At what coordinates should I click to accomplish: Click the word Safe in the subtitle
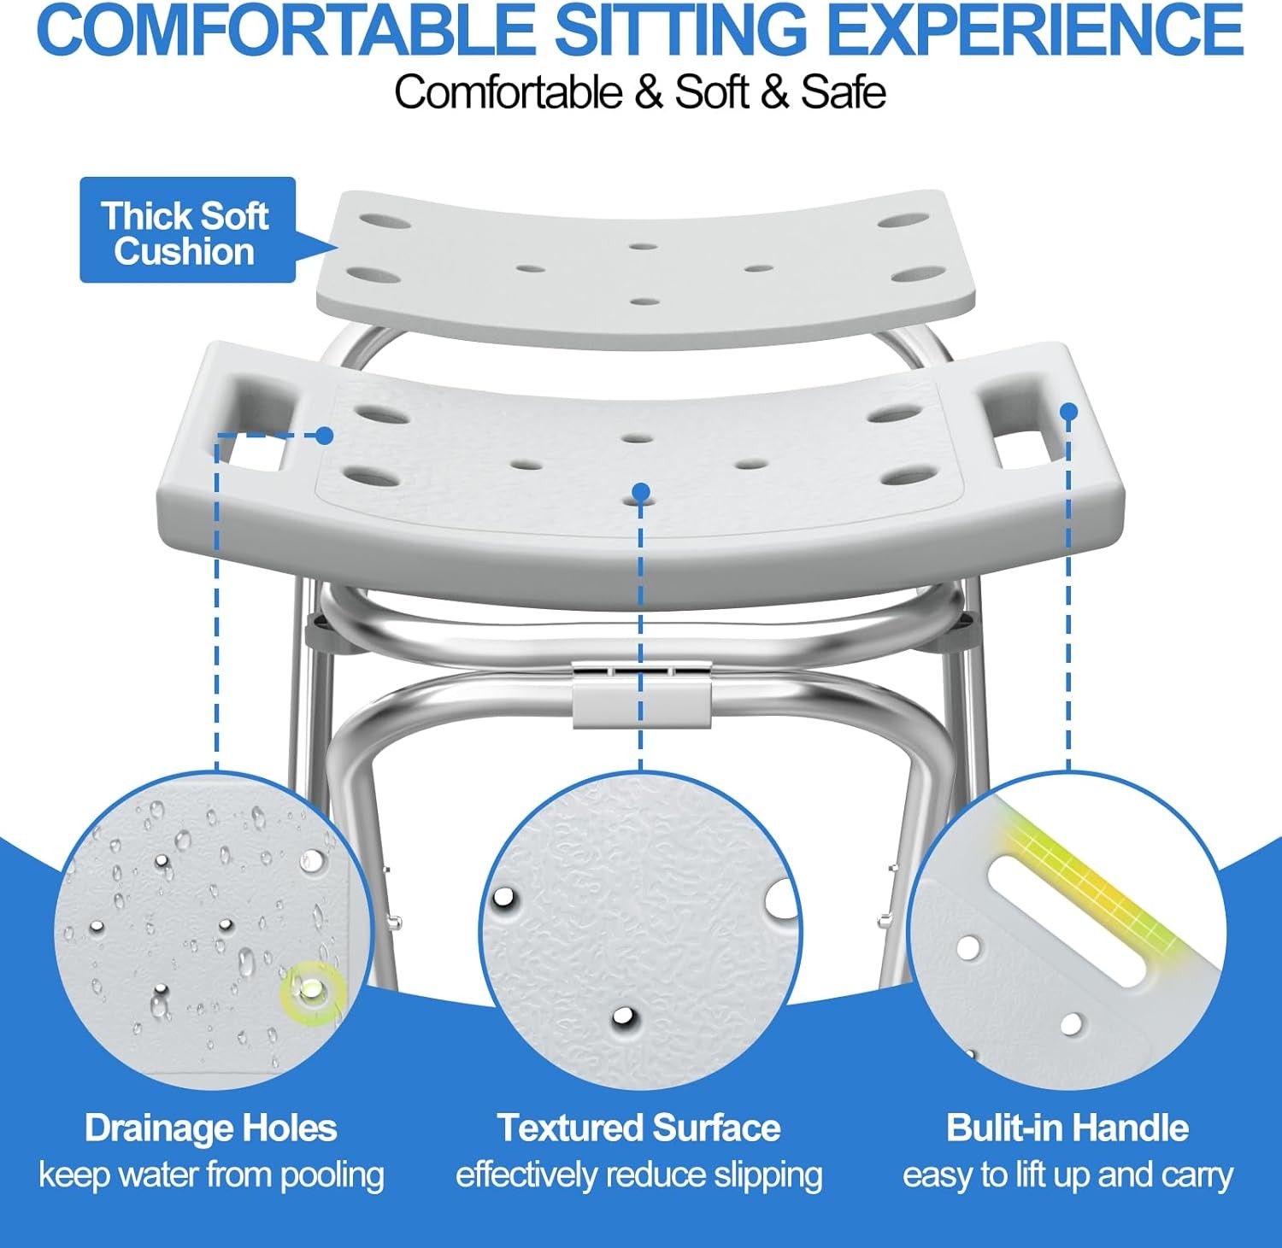[x=843, y=92]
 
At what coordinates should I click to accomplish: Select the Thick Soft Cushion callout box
[x=187, y=230]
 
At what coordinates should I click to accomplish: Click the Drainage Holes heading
[x=211, y=1128]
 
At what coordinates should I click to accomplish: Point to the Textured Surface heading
[x=639, y=1128]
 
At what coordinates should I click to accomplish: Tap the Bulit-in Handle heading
[x=1067, y=1128]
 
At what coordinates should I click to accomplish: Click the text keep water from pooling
[x=211, y=1175]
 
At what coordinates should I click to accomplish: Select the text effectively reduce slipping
[x=639, y=1175]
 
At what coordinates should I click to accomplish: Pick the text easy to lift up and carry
[x=1067, y=1175]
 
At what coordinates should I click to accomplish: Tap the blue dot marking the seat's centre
[x=641, y=491]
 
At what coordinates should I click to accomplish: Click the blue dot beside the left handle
[x=324, y=436]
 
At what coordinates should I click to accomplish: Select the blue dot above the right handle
[x=1068, y=412]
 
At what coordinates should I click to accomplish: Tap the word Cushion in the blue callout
[x=185, y=252]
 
